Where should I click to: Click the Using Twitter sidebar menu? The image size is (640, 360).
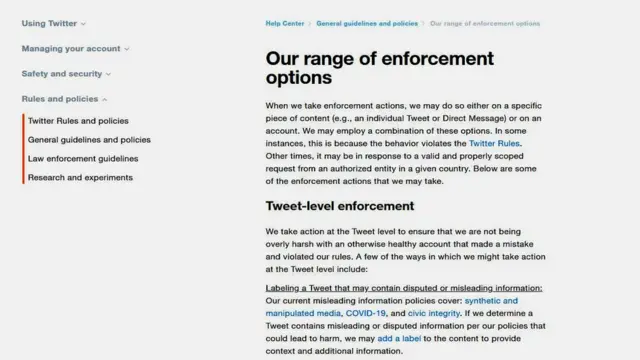[x=50, y=23]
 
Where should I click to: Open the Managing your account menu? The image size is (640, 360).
[x=72, y=48]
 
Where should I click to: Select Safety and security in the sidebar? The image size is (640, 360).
[x=63, y=73]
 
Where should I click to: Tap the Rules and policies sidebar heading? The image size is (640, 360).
[x=60, y=99]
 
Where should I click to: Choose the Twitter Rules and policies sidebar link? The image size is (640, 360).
[x=78, y=121]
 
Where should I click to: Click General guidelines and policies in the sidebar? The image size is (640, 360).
[x=89, y=140]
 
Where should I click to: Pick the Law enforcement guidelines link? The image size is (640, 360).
[x=83, y=158]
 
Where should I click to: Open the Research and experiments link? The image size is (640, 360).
[x=80, y=177]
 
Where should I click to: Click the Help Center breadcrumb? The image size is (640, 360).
[x=285, y=22]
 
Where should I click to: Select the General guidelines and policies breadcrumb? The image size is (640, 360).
[x=367, y=22]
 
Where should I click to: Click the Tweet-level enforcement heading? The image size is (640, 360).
[x=341, y=206]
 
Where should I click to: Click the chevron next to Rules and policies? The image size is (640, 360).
[x=105, y=99]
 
